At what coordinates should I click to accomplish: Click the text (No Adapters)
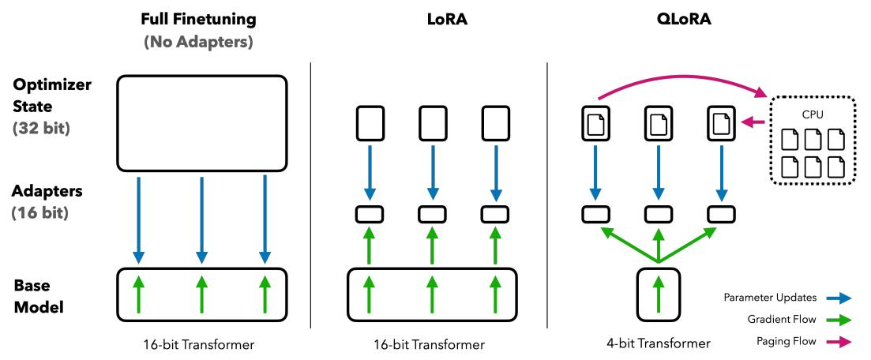[201, 42]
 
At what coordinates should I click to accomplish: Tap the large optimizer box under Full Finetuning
[201, 123]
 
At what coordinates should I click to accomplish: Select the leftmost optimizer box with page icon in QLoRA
[596, 124]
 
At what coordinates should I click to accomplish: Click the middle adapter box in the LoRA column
[431, 214]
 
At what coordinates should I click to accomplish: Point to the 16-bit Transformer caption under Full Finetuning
[201, 343]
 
